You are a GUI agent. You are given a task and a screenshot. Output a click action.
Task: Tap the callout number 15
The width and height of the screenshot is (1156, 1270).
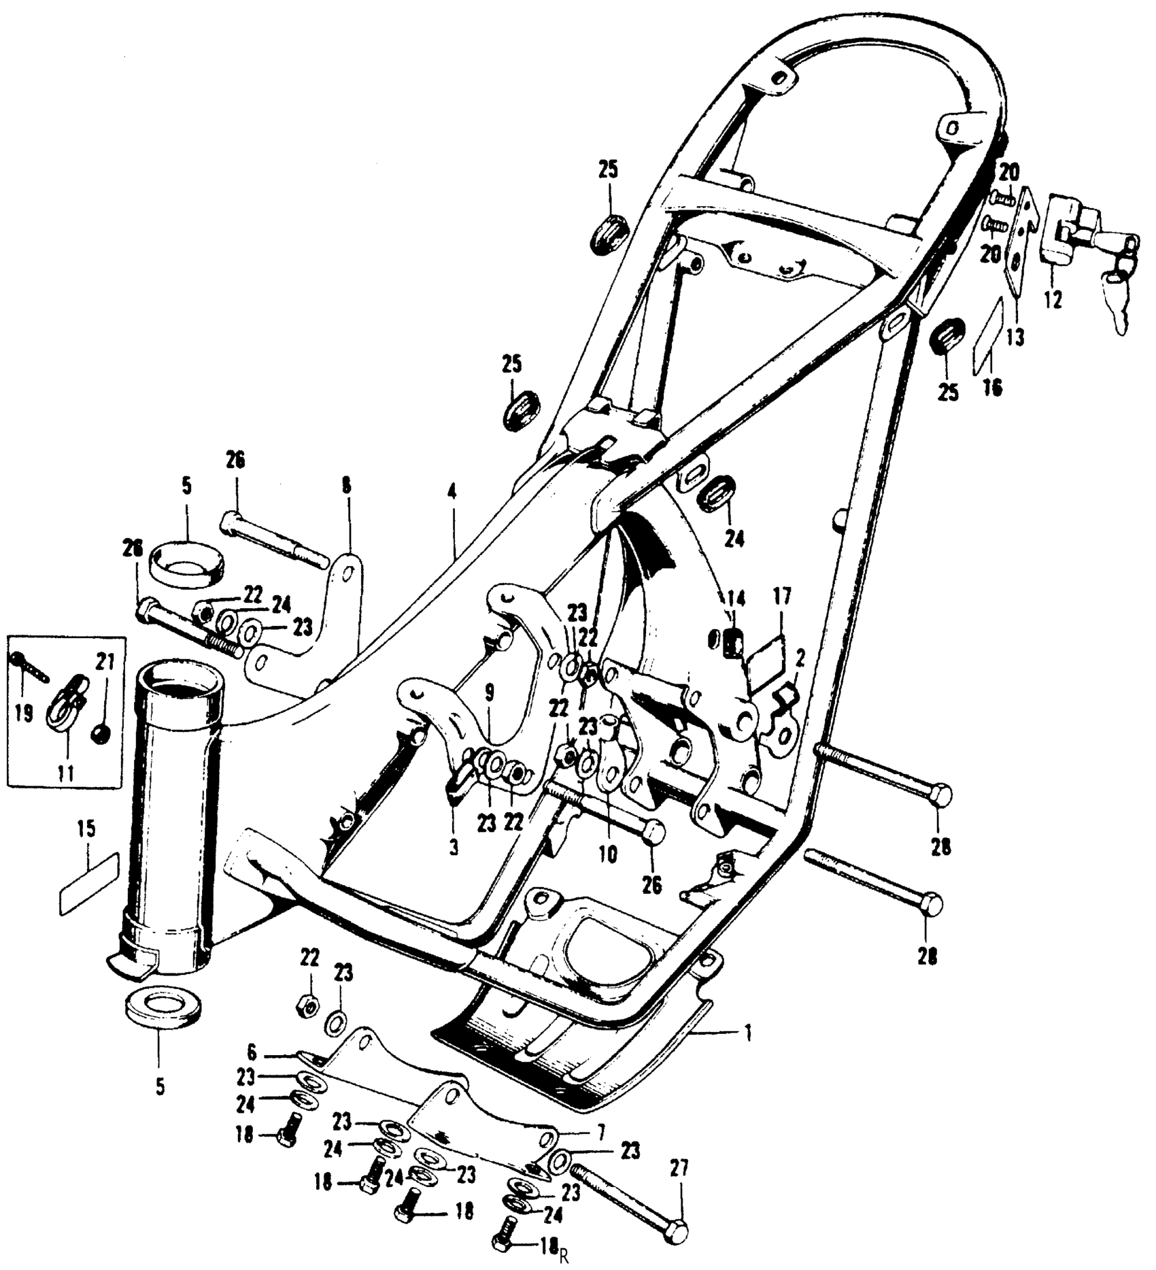click(x=86, y=829)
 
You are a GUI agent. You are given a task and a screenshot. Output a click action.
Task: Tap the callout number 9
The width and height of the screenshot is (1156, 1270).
click(x=490, y=693)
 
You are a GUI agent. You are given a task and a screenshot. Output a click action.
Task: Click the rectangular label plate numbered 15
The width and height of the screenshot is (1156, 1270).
click(x=90, y=881)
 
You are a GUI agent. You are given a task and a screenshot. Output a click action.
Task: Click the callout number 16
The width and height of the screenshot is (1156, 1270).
click(x=993, y=388)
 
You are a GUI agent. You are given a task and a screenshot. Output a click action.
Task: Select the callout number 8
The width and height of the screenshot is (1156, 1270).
click(x=346, y=487)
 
